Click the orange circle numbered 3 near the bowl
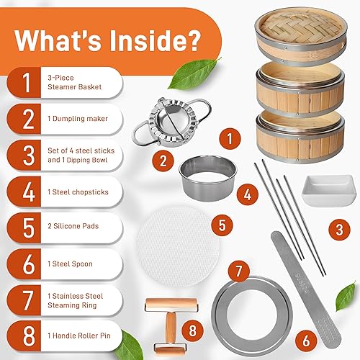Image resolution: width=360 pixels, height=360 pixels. pyautogui.click(x=339, y=230)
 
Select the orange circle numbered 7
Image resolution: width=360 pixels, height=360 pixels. pyautogui.click(x=235, y=271)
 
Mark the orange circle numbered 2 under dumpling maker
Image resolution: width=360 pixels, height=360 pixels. pyautogui.click(x=163, y=160)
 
